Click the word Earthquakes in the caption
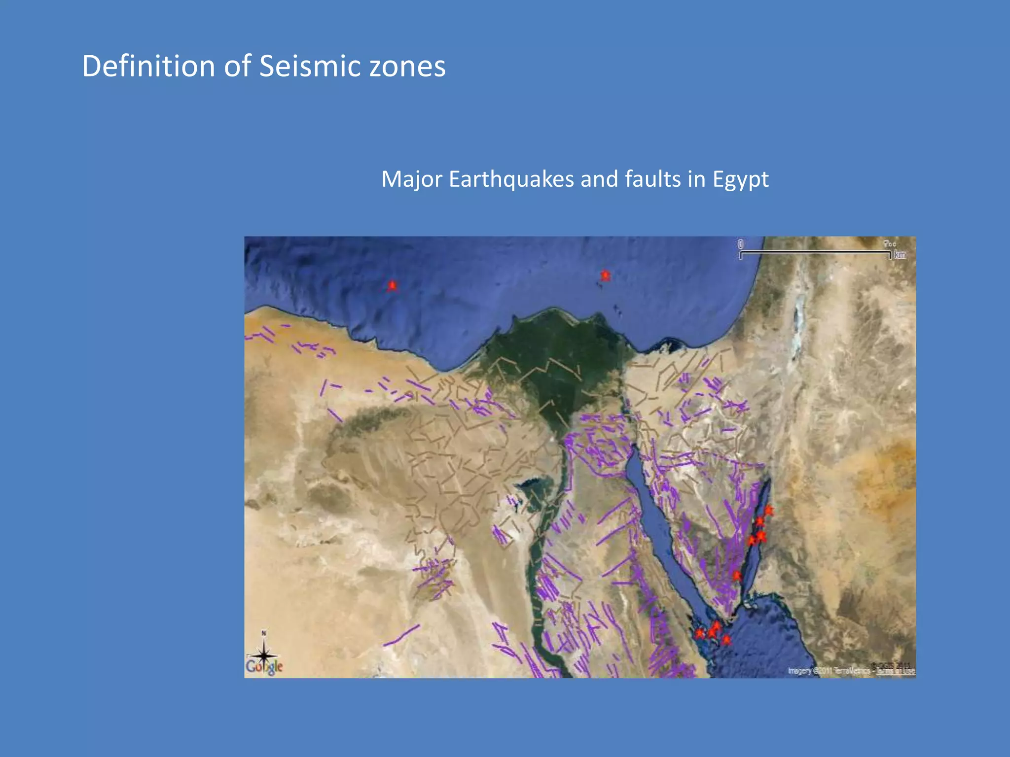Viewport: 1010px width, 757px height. (x=511, y=179)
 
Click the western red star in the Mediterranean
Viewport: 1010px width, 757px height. (x=392, y=285)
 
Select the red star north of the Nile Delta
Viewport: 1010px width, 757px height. (x=605, y=275)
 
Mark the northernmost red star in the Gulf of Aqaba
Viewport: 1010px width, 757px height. (x=769, y=511)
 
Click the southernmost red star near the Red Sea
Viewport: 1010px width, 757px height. (x=726, y=640)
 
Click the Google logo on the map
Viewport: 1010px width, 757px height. (x=264, y=667)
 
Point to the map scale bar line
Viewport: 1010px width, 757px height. (x=815, y=253)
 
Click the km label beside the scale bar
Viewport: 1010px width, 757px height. (x=900, y=255)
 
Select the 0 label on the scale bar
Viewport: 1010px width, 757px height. (x=741, y=244)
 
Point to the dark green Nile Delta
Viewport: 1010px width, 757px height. (x=557, y=365)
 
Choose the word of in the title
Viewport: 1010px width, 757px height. (x=237, y=66)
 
